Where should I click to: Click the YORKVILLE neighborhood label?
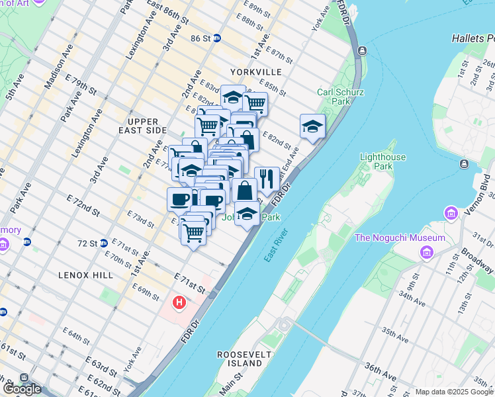(256, 71)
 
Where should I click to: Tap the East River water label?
(276, 245)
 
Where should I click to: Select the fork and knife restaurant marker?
(267, 178)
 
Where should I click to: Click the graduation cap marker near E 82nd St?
(312, 126)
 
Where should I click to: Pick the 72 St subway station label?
(87, 243)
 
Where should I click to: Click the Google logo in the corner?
(21, 388)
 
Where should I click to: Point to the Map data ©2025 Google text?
(454, 392)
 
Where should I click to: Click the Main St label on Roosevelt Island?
(232, 382)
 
